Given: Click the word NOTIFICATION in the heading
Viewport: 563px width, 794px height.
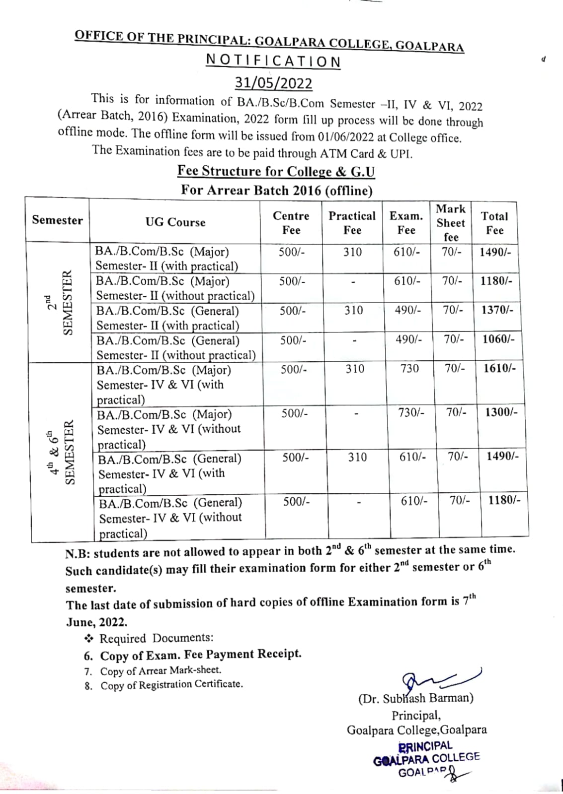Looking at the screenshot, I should [x=273, y=62].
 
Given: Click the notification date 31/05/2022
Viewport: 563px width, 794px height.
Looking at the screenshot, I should [x=273, y=82].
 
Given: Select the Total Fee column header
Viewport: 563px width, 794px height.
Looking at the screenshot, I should [x=494, y=223].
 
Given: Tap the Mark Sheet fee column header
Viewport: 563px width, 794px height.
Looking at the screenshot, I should [x=451, y=223].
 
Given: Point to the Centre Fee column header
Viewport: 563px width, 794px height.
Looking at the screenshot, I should [x=291, y=223].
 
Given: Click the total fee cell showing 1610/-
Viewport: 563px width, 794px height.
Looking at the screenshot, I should [x=499, y=368].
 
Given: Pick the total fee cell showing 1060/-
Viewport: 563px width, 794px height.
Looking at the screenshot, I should [x=498, y=339].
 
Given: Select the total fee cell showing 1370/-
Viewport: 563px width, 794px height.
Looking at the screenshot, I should [x=497, y=310].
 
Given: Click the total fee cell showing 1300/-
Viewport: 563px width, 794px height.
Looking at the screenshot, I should [x=501, y=412].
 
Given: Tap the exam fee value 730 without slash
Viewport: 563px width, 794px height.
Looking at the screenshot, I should [x=409, y=369].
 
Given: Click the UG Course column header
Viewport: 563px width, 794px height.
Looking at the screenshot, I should [x=175, y=222].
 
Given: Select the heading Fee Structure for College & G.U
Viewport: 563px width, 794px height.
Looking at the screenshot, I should [x=276, y=171].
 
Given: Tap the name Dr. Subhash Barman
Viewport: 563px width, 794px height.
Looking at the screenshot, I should [x=415, y=699].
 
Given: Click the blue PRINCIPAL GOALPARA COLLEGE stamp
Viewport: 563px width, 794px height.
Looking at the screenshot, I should [x=426, y=759].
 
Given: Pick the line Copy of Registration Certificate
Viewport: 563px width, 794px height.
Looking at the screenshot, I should [x=171, y=685].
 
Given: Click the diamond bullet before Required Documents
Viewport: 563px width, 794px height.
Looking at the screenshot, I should [x=89, y=638].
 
